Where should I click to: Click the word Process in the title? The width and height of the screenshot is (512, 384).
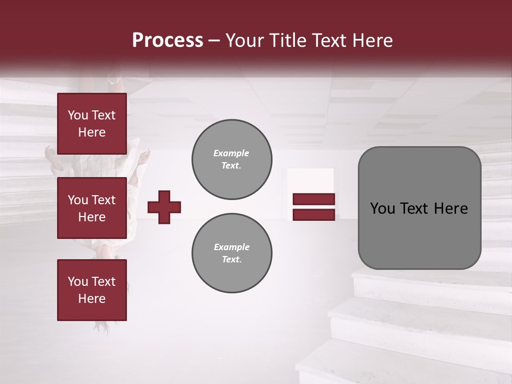click(x=167, y=41)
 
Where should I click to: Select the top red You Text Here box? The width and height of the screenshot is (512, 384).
click(x=92, y=124)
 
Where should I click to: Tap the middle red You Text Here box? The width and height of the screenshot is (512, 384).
click(x=92, y=209)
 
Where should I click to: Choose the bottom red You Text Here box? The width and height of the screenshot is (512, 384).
click(x=92, y=290)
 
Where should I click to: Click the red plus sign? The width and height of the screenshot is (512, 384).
click(x=164, y=207)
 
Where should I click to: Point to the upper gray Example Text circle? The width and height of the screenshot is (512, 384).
click(x=231, y=159)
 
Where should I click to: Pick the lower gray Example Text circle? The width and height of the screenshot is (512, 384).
click(x=231, y=253)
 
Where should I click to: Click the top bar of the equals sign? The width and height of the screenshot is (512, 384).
click(x=314, y=199)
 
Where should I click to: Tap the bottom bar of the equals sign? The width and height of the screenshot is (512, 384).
click(x=314, y=214)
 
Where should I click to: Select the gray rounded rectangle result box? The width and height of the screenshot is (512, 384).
click(x=419, y=208)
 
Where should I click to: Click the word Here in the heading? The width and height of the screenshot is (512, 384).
click(x=373, y=41)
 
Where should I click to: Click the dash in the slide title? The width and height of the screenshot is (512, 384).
click(x=214, y=41)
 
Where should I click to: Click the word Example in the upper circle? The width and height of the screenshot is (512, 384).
click(x=231, y=153)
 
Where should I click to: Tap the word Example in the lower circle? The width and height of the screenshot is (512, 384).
click(x=231, y=247)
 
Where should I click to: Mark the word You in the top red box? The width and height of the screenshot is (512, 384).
click(x=77, y=115)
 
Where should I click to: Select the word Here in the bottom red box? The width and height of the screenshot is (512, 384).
click(x=92, y=299)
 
